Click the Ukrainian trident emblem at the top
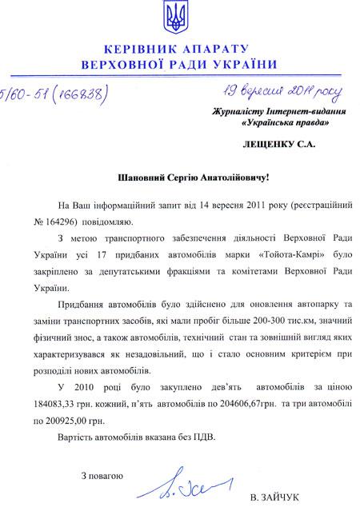coord(180,17)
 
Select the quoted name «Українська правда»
coord(284,124)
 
